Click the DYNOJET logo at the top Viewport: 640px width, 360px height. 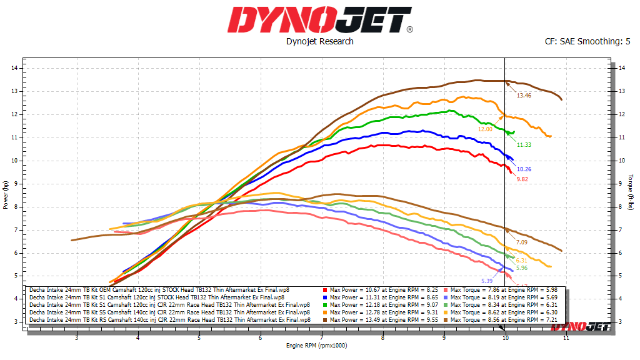319,20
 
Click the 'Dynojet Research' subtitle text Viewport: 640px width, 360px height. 319,41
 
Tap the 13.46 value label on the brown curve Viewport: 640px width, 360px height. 524,96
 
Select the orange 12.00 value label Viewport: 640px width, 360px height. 486,129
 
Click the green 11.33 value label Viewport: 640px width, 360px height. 524,145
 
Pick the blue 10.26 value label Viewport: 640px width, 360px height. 524,169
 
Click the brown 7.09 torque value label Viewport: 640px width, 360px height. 522,242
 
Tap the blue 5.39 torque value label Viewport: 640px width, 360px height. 487,281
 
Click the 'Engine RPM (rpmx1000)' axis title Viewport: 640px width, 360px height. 316,345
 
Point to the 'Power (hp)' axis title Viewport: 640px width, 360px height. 6,194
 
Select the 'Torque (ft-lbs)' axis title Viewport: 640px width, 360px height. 632,194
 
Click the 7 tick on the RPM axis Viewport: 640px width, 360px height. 321,338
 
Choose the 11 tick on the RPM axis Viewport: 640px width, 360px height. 566,338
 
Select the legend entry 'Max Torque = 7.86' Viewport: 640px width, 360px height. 493,290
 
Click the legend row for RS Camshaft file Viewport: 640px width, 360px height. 169,319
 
